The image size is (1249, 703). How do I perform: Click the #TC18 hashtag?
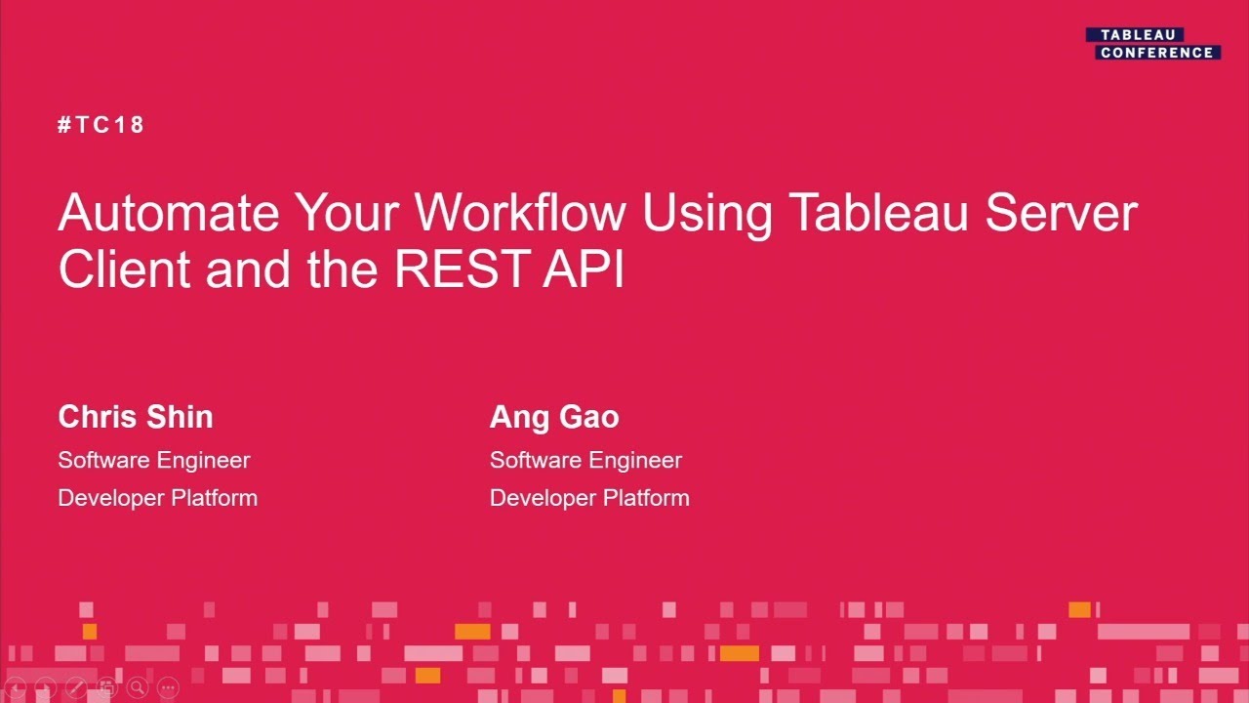[101, 125]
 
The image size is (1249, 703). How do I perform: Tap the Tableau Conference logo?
[1153, 44]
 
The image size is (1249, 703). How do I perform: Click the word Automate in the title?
[168, 214]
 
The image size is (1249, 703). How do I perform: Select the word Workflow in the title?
[520, 214]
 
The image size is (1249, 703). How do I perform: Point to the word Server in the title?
[1061, 214]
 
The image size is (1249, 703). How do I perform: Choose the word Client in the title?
[124, 269]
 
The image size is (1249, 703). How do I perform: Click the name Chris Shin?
[136, 417]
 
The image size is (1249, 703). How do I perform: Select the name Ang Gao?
[554, 417]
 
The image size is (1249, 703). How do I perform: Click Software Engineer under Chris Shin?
[154, 460]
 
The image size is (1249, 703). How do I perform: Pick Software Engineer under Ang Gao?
[585, 460]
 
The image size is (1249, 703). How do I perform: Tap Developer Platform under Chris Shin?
[158, 498]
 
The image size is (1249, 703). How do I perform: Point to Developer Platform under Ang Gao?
[589, 498]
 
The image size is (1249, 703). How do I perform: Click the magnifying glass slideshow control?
[137, 688]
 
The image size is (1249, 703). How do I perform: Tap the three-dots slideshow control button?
[168, 688]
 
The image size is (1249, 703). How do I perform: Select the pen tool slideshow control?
[76, 688]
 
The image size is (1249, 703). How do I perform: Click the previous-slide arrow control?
[15, 688]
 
